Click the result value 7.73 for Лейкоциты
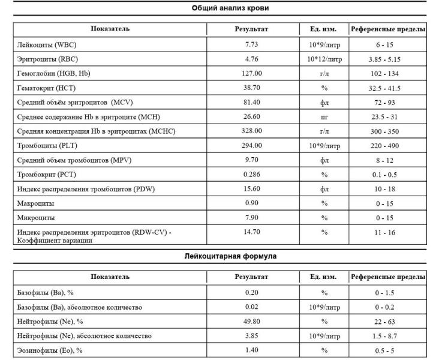(252, 45)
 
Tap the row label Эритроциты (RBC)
(48, 59)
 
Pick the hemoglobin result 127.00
(252, 74)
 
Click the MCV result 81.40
(252, 103)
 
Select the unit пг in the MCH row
(324, 117)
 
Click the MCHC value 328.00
(252, 131)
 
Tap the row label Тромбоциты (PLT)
(49, 146)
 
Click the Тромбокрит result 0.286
(252, 175)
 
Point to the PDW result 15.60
(252, 189)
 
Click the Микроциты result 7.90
(252, 218)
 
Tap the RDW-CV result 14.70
(252, 232)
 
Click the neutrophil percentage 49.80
(252, 321)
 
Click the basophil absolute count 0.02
(252, 307)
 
